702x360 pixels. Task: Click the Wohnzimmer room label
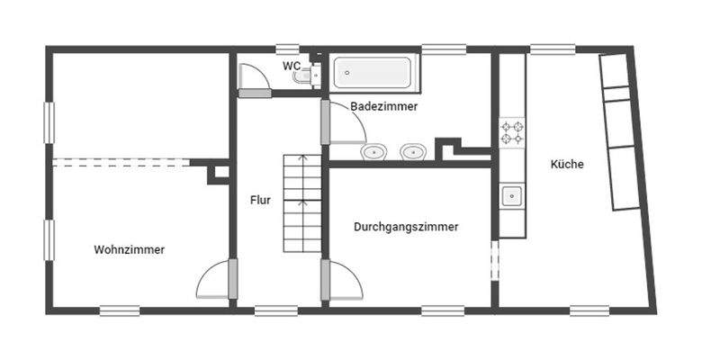129,250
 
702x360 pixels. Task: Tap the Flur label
260,200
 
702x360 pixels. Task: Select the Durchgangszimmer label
406,228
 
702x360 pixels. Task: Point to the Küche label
568,165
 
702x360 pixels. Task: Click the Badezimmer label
383,106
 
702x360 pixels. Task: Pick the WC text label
292,66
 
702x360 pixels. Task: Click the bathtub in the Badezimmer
373,73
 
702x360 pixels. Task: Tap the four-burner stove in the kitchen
512,132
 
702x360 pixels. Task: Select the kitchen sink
512,196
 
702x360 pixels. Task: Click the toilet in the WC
307,76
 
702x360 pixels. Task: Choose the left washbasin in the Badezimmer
373,151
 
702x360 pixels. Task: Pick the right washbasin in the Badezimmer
412,151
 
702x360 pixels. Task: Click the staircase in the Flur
301,203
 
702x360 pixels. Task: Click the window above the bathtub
437,49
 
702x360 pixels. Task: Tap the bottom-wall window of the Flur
276,311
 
